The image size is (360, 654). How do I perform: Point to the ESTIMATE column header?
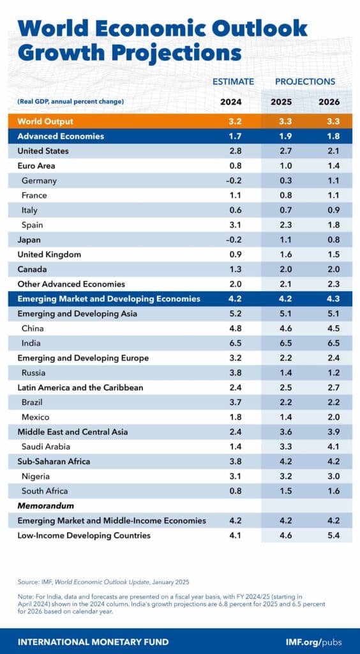pyautogui.click(x=233, y=82)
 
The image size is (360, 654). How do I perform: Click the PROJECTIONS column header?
pyautogui.click(x=305, y=82)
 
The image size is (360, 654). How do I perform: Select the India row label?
pyautogui.click(x=31, y=343)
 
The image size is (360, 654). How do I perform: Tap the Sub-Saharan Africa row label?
pyautogui.click(x=54, y=461)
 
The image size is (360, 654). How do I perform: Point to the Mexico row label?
pyautogui.click(x=36, y=417)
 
